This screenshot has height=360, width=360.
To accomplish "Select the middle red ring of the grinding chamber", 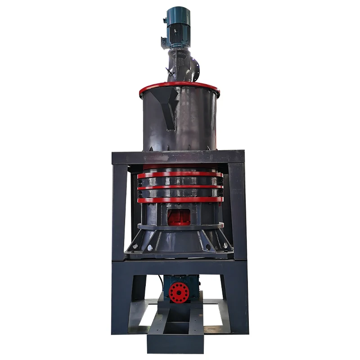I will pos(180,187).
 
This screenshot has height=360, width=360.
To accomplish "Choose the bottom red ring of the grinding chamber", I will pos(180,199).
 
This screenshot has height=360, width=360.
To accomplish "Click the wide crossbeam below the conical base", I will pos(180,266).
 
